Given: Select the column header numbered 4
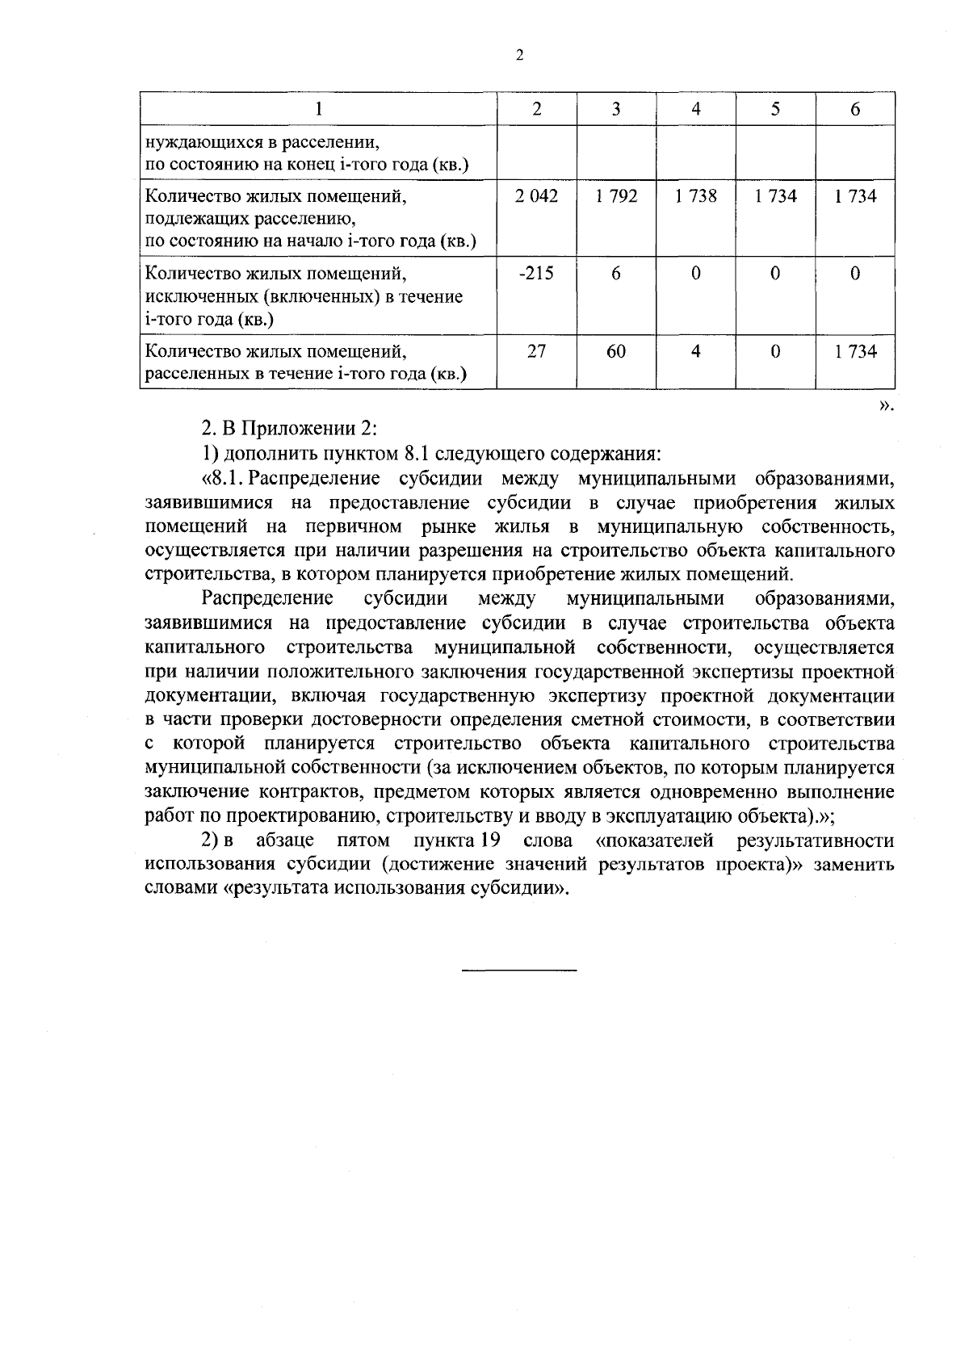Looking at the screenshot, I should pyautogui.click(x=695, y=109).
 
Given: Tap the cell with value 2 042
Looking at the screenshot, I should pyautogui.click(x=537, y=196).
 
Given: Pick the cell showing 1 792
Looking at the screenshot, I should pyautogui.click(x=616, y=196).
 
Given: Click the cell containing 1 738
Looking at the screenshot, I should pyautogui.click(x=695, y=196).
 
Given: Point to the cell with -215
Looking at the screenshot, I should pyautogui.click(x=537, y=274).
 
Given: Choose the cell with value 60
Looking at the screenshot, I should pyautogui.click(x=616, y=351).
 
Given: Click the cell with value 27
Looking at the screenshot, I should pyautogui.click(x=537, y=351).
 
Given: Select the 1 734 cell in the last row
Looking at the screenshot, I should pyautogui.click(x=855, y=351).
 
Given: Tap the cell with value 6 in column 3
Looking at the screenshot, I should pyautogui.click(x=616, y=274).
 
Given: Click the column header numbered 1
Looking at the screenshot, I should pyautogui.click(x=318, y=109).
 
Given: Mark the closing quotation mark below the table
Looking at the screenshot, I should pyautogui.click(x=887, y=405).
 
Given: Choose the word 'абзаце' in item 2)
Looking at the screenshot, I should pyautogui.click(x=284, y=841).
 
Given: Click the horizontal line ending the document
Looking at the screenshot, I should pyautogui.click(x=519, y=968).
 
